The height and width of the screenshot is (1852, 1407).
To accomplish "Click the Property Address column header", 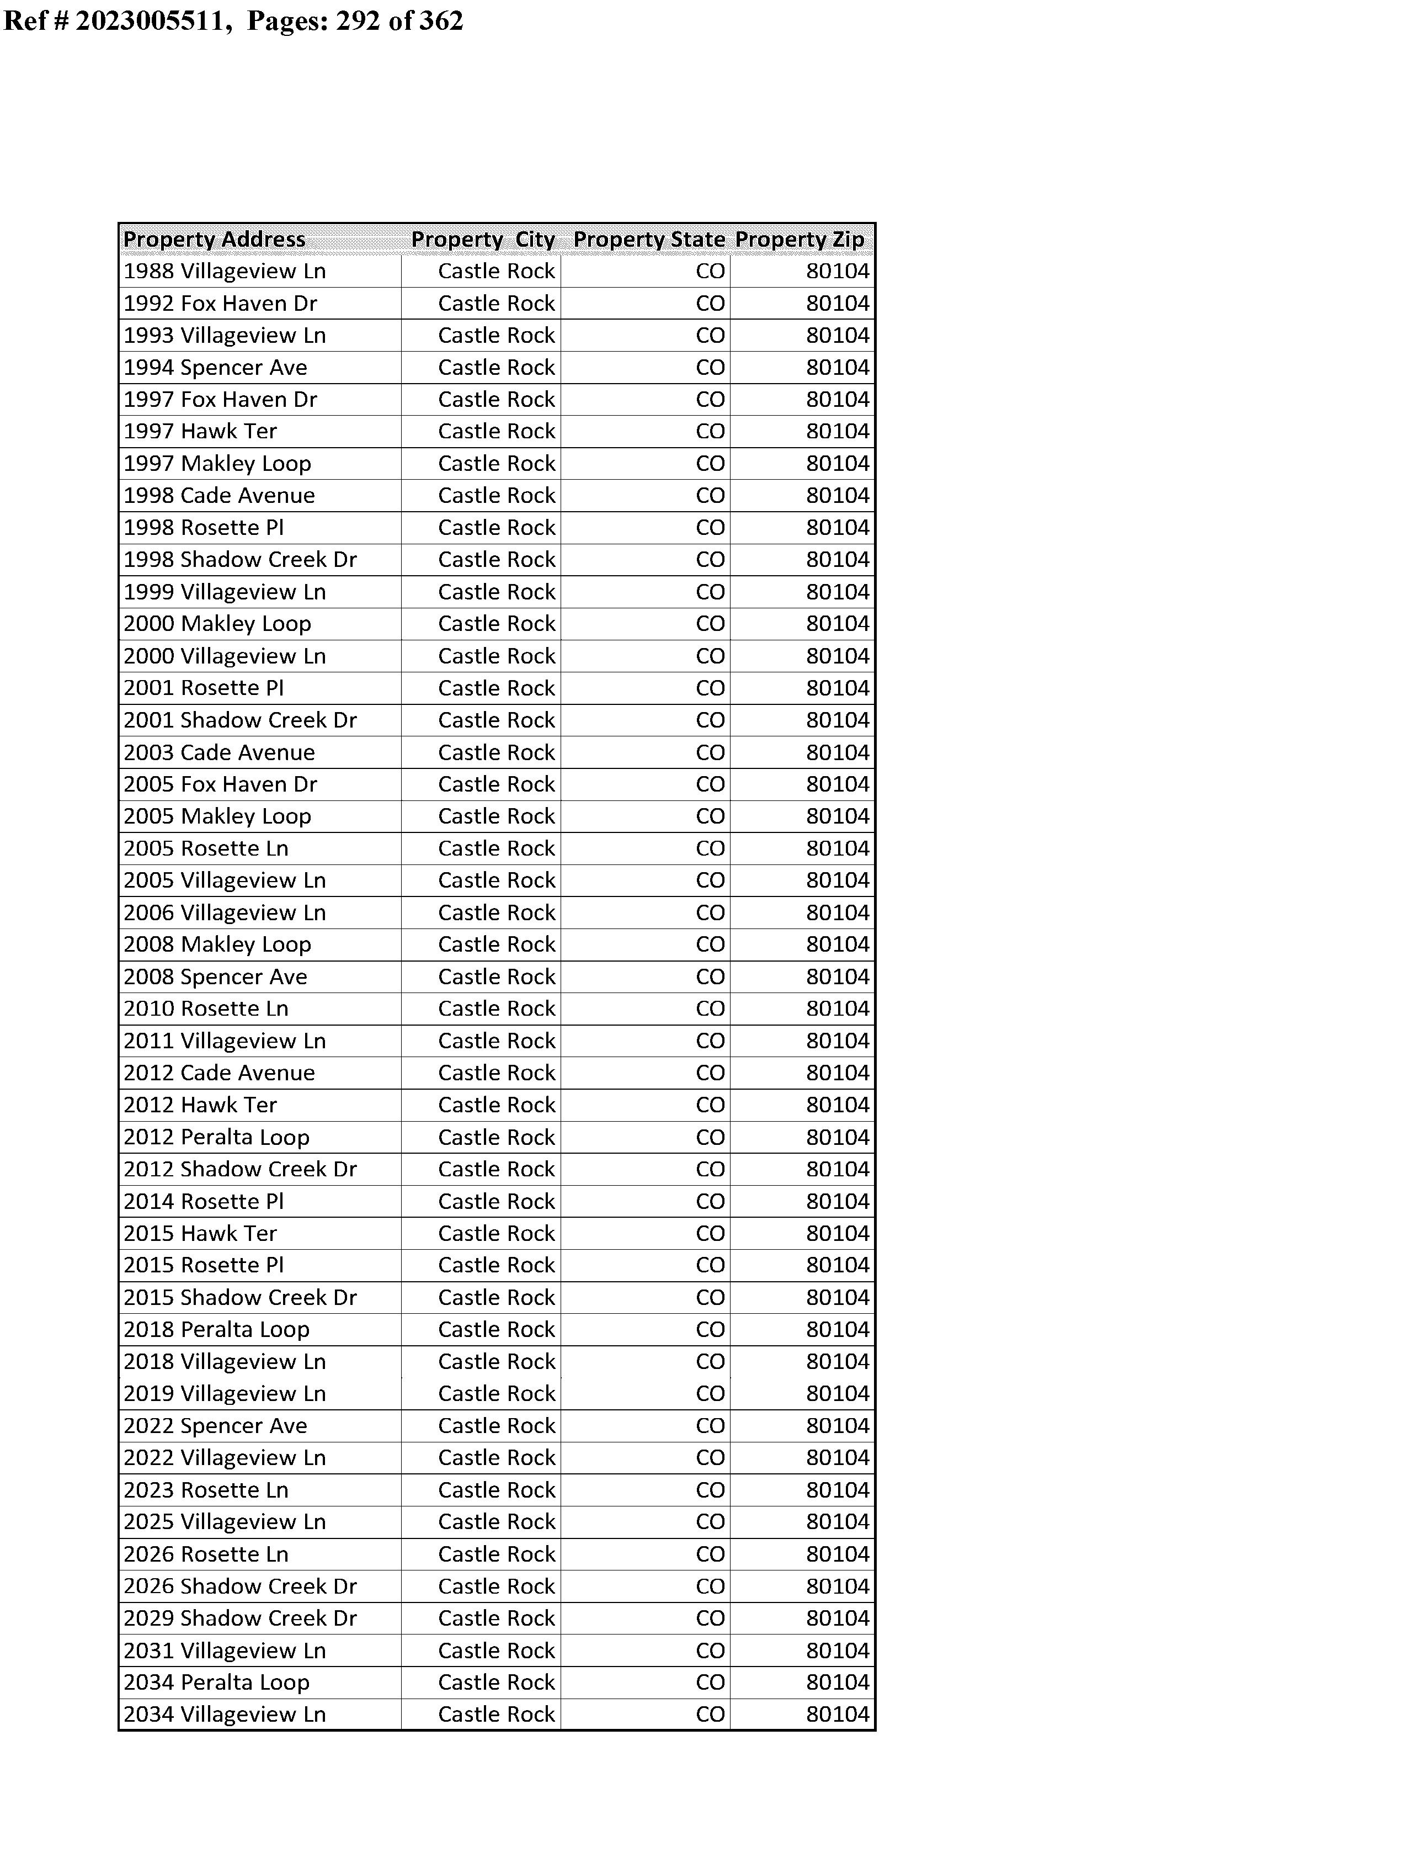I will tap(215, 240).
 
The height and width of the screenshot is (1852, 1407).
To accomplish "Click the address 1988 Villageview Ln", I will tap(225, 272).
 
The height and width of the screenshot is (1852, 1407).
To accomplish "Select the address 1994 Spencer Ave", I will tap(215, 368).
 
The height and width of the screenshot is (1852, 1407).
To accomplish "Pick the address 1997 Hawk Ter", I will tap(200, 431).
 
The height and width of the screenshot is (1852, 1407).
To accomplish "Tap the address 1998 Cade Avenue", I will tap(220, 496).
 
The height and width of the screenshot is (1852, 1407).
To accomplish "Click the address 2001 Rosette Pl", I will tap(204, 688).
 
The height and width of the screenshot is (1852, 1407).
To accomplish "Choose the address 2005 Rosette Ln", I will tap(206, 848).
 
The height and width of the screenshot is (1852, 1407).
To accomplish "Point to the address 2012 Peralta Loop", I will tap(216, 1138).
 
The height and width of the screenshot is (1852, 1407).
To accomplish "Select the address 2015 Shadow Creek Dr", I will tap(241, 1297).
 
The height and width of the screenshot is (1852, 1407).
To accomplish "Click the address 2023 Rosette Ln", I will tap(206, 1490).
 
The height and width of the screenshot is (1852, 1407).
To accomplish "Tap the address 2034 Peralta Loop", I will tap(216, 1683).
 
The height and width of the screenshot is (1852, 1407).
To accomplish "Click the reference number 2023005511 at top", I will tap(151, 20).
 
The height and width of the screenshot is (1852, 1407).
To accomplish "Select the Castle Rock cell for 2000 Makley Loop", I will tap(496, 624).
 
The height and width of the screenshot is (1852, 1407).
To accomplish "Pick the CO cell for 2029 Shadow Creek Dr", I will tap(710, 1618).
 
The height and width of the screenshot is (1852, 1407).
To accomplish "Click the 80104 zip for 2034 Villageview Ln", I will tap(838, 1715).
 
